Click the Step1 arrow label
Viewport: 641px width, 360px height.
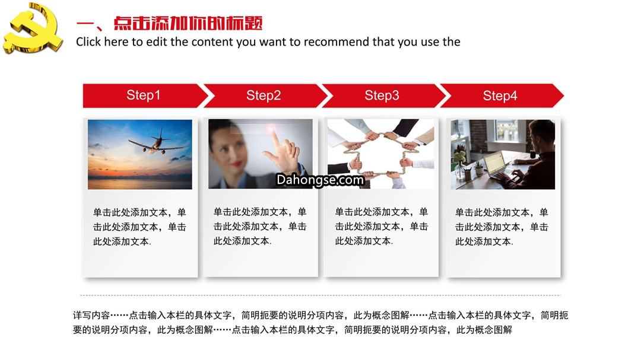pyautogui.click(x=143, y=95)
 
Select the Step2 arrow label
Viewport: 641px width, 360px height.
pyautogui.click(x=264, y=95)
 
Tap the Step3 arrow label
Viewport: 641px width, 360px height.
pyautogui.click(x=382, y=95)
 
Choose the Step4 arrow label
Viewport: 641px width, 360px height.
pyautogui.click(x=500, y=95)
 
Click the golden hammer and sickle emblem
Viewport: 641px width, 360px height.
pyautogui.click(x=33, y=28)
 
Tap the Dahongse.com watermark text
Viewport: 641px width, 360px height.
pyautogui.click(x=320, y=180)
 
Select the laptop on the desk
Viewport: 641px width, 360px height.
pyautogui.click(x=498, y=164)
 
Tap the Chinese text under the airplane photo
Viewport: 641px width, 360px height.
pyautogui.click(x=139, y=227)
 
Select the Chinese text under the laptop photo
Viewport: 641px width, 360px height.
pyautogui.click(x=502, y=227)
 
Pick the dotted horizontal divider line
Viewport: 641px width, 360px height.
pyautogui.click(x=320, y=295)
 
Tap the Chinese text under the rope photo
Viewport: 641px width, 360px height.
pyautogui.click(x=382, y=227)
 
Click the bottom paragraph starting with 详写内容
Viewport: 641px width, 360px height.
pyautogui.click(x=320, y=323)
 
